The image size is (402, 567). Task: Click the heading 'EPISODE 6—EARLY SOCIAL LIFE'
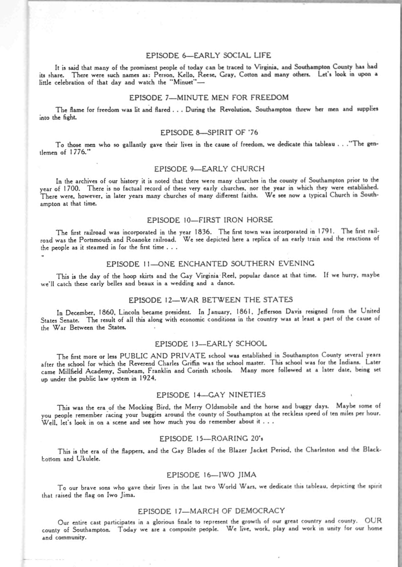point(208,55)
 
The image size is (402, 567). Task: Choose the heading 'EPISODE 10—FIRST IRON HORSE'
point(210,220)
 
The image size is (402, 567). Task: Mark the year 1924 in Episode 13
point(148,379)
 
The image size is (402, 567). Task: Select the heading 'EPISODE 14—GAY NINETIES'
point(211,395)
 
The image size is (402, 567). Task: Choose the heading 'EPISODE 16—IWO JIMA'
point(211,475)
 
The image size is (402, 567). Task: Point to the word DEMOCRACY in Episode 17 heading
point(260,511)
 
